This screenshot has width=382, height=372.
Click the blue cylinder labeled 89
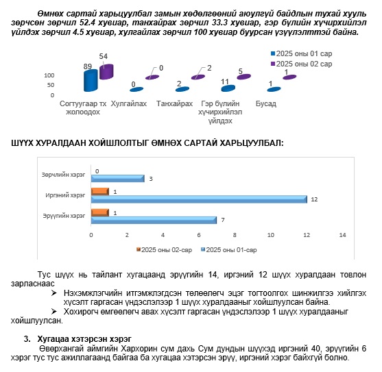click(91, 81)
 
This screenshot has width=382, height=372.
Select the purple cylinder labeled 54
click(106, 71)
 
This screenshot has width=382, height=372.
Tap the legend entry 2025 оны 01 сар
click(301, 53)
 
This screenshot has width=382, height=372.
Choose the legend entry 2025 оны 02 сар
click(301, 64)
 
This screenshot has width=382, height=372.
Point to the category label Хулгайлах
click(129, 103)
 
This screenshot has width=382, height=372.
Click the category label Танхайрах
click(174, 103)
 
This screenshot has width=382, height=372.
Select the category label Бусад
click(266, 103)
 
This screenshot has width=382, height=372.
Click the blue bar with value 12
click(199, 199)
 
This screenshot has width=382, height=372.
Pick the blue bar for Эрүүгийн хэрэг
click(154, 220)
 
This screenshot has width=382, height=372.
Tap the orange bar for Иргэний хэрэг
click(100, 191)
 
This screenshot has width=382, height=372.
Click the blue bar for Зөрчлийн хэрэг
click(118, 179)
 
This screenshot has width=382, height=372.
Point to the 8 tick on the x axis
click(235, 235)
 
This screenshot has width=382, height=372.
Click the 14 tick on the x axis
click(342, 235)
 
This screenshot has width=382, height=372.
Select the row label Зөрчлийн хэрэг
click(63, 175)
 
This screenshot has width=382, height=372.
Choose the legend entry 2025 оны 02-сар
click(164, 250)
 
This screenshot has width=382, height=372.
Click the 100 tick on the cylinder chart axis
click(49, 75)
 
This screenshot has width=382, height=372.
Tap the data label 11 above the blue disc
click(225, 82)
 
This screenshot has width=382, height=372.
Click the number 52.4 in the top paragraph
click(89, 23)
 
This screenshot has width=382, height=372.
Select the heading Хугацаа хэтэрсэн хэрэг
click(84, 338)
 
